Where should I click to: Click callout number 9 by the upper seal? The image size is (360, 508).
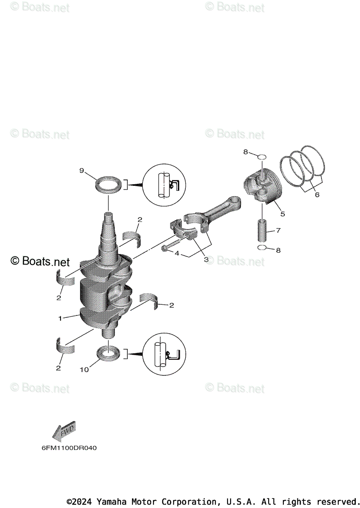coord(82,171)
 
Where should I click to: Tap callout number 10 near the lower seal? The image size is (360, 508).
coord(84,370)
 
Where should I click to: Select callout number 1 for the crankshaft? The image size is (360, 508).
coord(60,317)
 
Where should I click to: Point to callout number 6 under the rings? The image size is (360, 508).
coord(317,195)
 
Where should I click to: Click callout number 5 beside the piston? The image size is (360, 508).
coord(282,214)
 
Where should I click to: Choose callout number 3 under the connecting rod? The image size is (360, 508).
coord(206,259)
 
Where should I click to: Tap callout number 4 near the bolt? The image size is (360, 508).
coord(177,254)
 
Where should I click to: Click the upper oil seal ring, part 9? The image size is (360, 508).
coord(108,184)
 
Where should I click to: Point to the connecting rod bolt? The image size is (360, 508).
coord(171,245)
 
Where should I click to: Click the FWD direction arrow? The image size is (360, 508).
coord(63,431)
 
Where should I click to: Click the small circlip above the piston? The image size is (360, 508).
coord(262,157)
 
